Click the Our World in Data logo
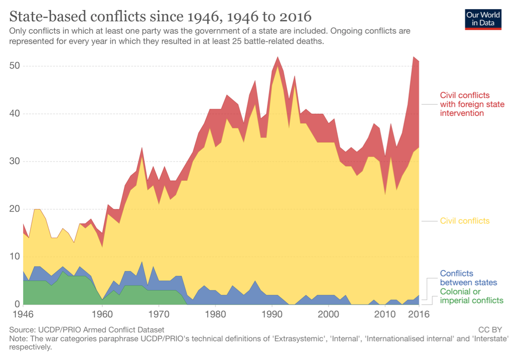point(483,18)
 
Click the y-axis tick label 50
point(15,66)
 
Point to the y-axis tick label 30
point(15,162)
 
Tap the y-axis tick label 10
point(15,257)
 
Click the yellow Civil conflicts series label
point(465,221)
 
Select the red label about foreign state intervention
point(472,104)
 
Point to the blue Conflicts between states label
point(468,278)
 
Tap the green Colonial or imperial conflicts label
point(471,296)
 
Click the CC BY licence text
point(490,330)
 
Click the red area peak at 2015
point(414,57)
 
